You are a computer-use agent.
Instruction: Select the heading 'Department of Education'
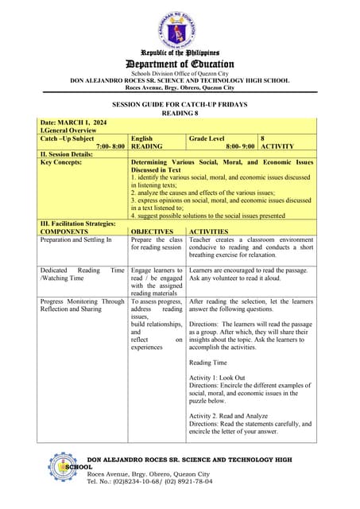pos(179,64)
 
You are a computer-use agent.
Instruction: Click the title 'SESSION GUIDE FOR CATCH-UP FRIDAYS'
pos(179,103)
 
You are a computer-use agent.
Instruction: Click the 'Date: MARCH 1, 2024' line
pos(72,122)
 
